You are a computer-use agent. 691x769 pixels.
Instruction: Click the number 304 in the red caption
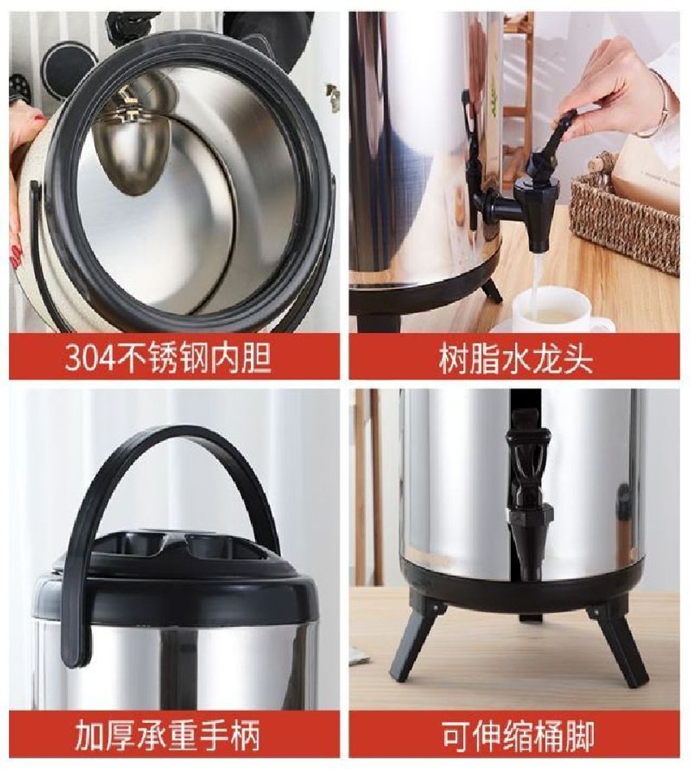point(90,358)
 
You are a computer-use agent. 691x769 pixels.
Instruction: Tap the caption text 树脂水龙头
point(515,359)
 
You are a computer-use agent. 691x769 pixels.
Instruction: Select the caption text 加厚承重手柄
point(167,734)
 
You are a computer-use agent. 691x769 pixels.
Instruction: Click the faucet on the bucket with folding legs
point(531,500)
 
